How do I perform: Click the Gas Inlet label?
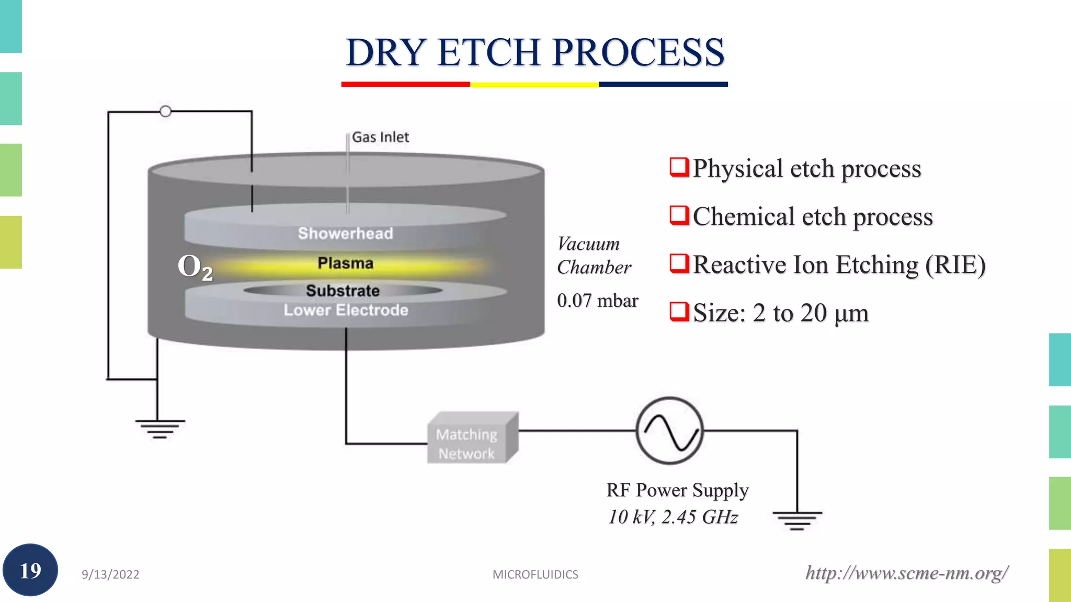tap(380, 137)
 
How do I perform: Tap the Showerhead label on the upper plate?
tap(345, 233)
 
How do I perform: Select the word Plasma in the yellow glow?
tap(345, 263)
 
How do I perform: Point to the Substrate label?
tap(343, 291)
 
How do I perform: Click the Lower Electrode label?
tap(346, 310)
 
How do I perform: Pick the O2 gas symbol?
tap(195, 267)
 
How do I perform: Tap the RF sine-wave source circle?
tap(669, 431)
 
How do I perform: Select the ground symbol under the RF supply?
tap(797, 520)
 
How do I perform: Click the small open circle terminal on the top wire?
tap(165, 111)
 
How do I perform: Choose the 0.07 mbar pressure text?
tap(597, 300)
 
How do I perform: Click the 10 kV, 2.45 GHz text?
tap(673, 517)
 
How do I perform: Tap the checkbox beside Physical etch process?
tap(679, 167)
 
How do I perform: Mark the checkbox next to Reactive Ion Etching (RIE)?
tap(679, 263)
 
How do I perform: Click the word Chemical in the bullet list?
tap(743, 216)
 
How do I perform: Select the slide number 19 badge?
tap(30, 570)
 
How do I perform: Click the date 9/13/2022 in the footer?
tap(110, 574)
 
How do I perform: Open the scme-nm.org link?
tap(906, 573)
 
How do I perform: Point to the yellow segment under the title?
tap(534, 84)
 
